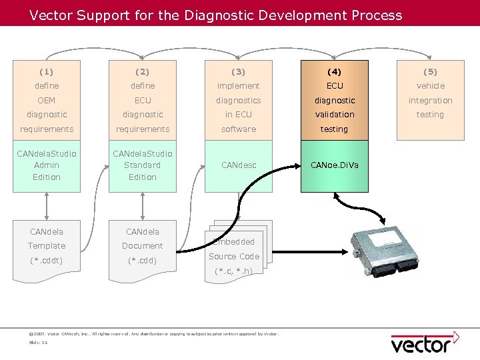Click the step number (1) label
[47, 71]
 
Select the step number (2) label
[143, 71]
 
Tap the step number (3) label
[238, 71]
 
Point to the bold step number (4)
[334, 71]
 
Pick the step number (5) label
[430, 71]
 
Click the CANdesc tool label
[238, 165]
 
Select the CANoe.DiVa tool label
[334, 165]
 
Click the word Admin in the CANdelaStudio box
[47, 165]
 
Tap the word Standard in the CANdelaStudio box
[143, 165]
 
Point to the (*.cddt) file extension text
[47, 260]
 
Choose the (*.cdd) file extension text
[143, 260]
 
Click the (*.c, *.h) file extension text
[233, 271]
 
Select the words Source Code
[233, 256]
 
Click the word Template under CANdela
[47, 246]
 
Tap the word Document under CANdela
[143, 246]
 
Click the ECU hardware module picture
[387, 245]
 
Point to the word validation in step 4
[334, 115]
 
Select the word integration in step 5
[430, 101]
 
